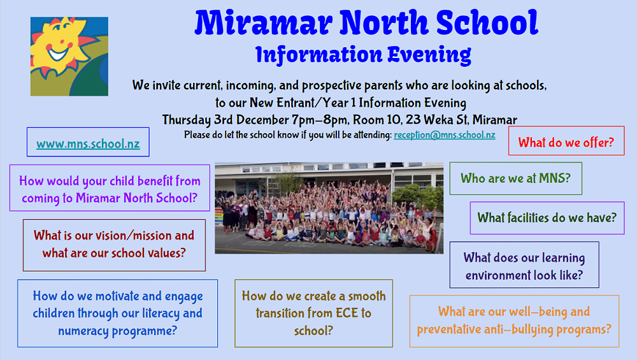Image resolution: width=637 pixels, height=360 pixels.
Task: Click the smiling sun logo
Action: coord(69,56)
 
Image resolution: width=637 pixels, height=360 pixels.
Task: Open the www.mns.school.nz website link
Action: coord(88,144)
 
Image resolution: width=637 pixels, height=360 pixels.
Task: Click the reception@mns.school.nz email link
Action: coord(445,135)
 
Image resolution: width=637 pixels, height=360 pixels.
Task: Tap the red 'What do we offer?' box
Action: coord(566,141)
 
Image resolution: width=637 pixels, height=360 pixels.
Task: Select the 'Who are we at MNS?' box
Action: coord(515,178)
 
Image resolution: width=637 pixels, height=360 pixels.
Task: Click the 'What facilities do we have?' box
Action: coord(547,218)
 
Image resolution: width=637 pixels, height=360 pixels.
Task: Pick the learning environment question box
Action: coord(524,265)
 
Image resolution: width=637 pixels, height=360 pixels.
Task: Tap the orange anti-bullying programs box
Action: coord(514,321)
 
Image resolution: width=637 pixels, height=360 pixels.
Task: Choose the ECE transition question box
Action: coord(313,313)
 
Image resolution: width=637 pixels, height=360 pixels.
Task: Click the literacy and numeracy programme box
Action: coord(117,313)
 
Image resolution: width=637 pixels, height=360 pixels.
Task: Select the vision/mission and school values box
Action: coord(114,245)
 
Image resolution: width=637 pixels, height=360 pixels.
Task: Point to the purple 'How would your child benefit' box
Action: coord(110,188)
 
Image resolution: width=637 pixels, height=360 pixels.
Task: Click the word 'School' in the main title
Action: coord(487,22)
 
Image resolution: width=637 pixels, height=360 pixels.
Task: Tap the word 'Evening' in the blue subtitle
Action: coord(429,55)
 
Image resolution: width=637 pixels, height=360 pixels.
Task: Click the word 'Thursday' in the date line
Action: coord(187,120)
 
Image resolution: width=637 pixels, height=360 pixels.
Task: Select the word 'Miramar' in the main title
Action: coord(264,22)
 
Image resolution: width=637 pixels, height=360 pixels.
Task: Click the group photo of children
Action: coord(329,208)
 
